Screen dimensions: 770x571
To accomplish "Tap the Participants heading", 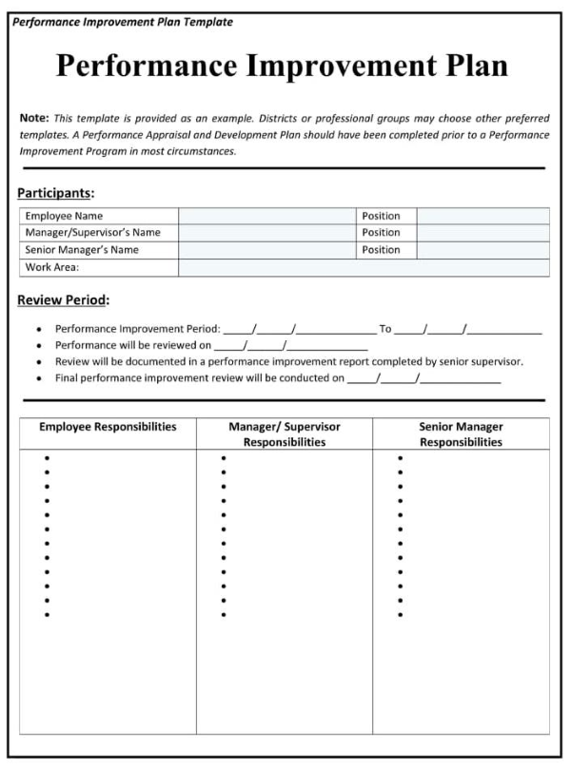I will point(55,193).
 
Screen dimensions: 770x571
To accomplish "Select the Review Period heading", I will point(63,300).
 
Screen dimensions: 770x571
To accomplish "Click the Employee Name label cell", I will point(64,216).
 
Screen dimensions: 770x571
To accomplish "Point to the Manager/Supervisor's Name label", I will point(92,233).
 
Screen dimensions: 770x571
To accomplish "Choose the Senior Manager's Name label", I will point(82,250).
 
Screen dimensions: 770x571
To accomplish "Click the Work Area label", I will point(51,267).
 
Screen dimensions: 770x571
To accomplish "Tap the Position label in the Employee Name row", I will point(381,216).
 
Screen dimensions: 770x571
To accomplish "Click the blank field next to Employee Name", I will point(267,216).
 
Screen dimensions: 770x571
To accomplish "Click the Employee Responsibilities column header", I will point(108,427).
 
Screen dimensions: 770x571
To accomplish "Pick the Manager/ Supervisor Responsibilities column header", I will point(285,434).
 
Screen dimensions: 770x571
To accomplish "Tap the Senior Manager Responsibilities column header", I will point(462,434).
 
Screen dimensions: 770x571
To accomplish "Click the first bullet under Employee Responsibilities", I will point(47,458).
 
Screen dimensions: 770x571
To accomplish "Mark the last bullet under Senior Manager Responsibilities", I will point(401,615).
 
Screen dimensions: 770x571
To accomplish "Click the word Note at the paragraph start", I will point(33,118).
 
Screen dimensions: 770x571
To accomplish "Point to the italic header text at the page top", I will point(123,22).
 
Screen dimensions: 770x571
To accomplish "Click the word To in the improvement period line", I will point(385,329).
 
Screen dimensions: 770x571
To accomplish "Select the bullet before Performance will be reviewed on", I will point(38,346).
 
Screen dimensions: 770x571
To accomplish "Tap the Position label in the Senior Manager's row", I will point(381,250).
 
